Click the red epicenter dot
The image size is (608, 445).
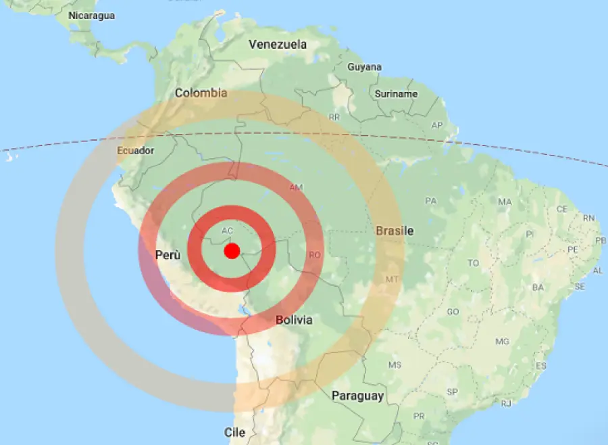[232, 251]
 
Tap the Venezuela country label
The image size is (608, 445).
[278, 45]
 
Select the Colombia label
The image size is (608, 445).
[201, 93]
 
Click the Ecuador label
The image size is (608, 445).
[136, 150]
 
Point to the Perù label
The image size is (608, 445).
[168, 256]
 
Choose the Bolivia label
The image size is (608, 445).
[294, 319]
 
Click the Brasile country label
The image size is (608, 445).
[395, 231]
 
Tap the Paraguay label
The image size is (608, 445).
[357, 396]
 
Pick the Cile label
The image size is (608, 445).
[234, 431]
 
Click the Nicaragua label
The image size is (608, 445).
[91, 15]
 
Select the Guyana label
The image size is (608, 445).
[365, 67]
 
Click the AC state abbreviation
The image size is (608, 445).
[228, 231]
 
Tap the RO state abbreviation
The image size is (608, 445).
[314, 255]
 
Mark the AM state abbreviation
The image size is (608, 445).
[296, 187]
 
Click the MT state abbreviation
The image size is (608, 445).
[392, 279]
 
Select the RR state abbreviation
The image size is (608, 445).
[334, 117]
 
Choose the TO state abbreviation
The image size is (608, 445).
[474, 263]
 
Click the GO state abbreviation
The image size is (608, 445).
[453, 312]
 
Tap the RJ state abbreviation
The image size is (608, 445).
[507, 403]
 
